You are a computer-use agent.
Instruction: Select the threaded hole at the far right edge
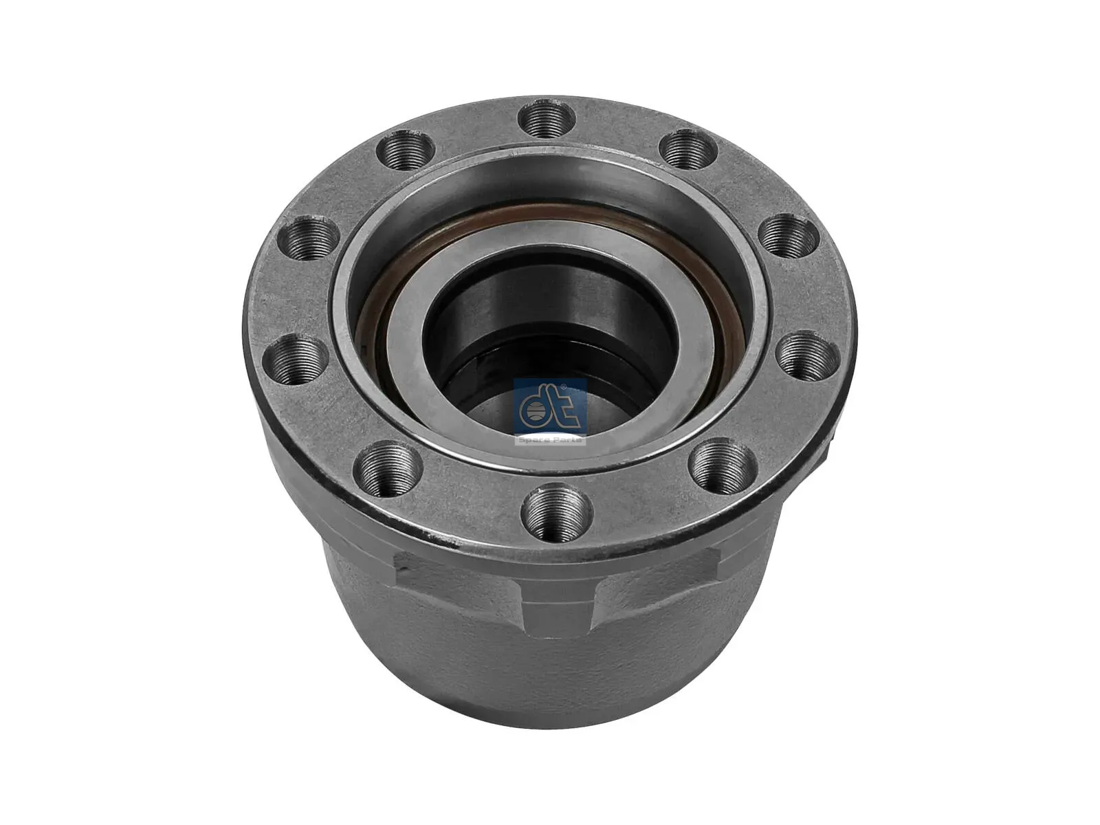(808, 356)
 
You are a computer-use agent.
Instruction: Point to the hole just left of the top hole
(407, 156)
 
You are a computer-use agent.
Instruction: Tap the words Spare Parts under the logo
(550, 439)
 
